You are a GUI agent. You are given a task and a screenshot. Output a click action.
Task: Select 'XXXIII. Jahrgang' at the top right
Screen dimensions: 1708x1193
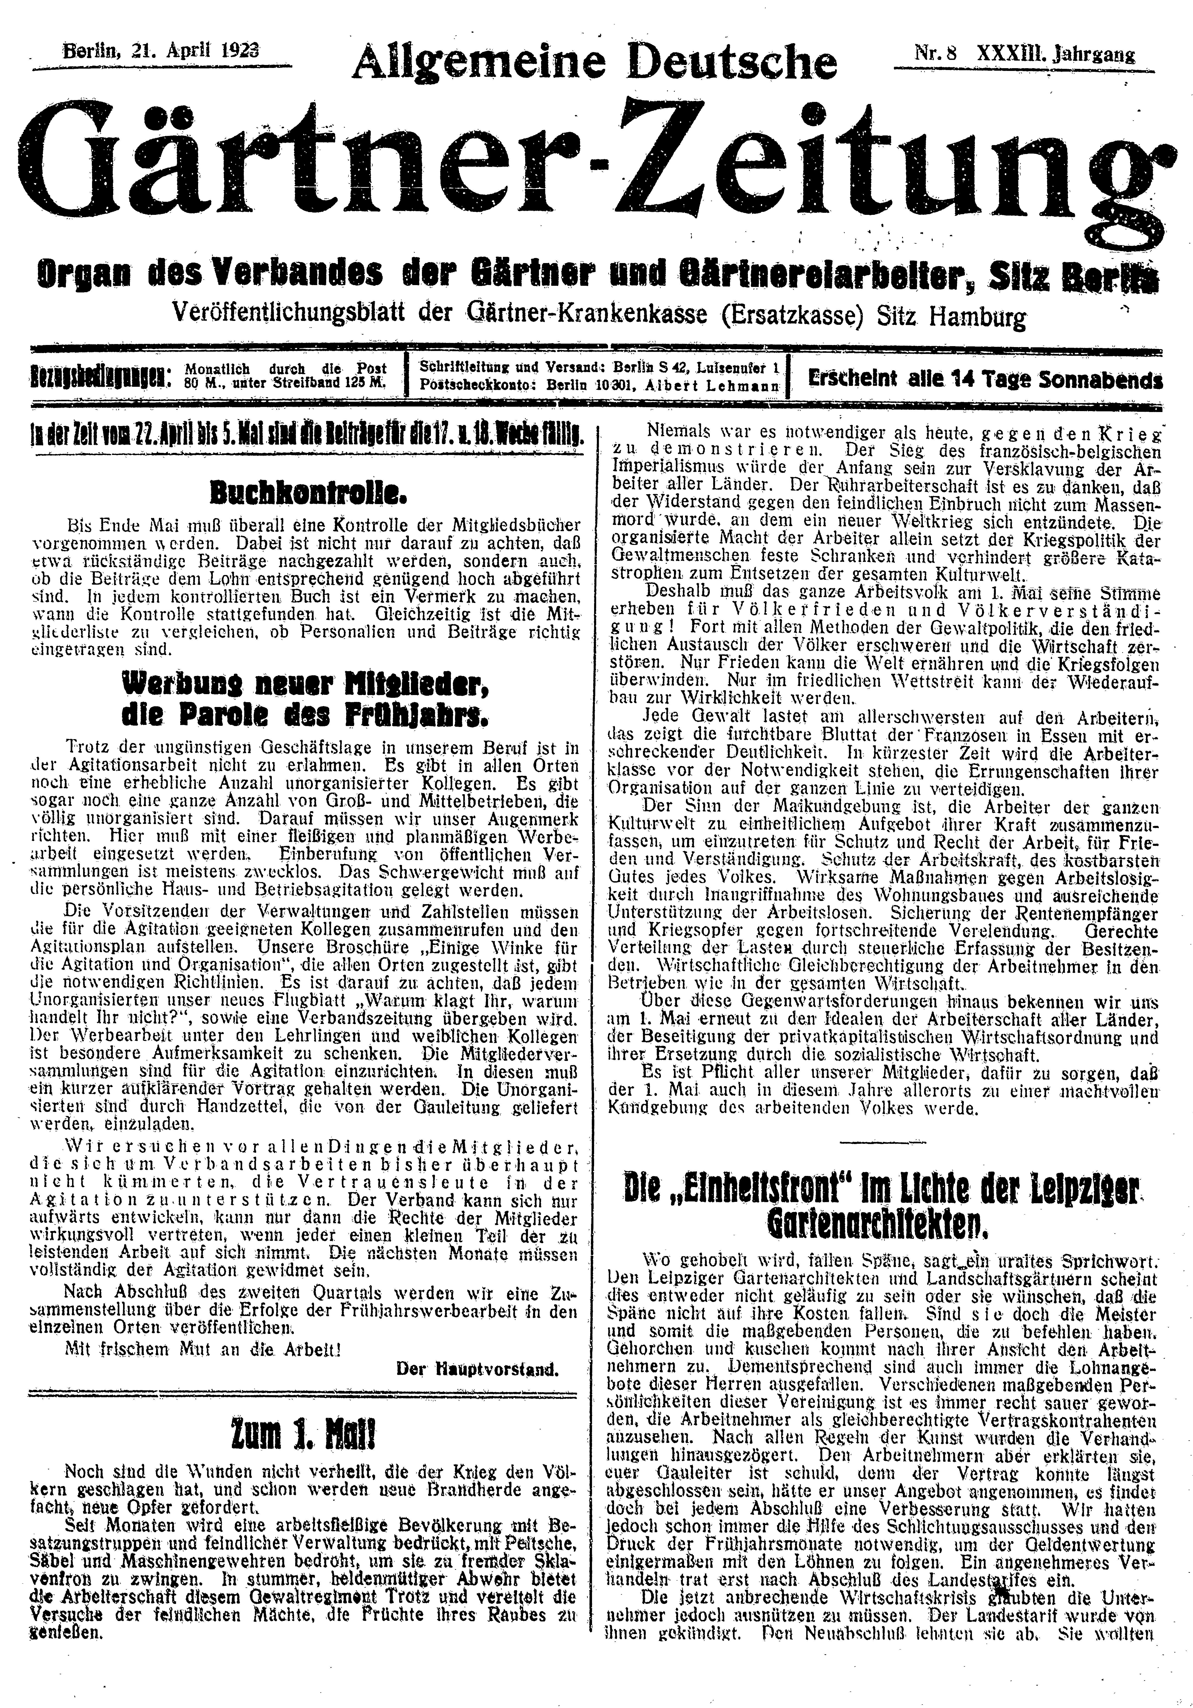1056,53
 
